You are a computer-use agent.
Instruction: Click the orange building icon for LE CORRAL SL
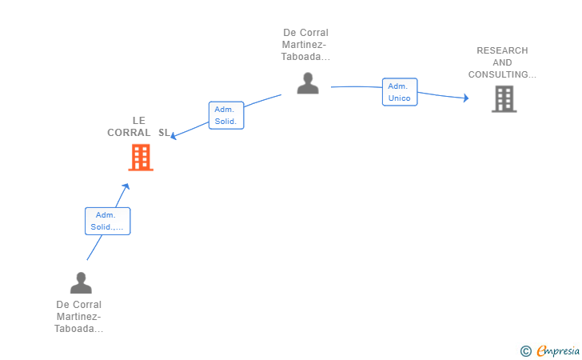[x=141, y=158]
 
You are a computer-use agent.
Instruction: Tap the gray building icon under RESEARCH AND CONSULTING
[x=504, y=99]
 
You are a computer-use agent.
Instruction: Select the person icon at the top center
[x=308, y=83]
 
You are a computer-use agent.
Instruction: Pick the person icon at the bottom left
[x=81, y=282]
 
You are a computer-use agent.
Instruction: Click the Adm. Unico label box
[x=400, y=92]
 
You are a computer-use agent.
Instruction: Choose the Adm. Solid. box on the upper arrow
[x=226, y=115]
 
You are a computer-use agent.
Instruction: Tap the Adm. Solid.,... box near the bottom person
[x=108, y=221]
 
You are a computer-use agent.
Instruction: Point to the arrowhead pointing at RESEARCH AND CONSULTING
[x=466, y=98]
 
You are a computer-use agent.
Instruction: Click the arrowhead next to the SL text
[x=173, y=136]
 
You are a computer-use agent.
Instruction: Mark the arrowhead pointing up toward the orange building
[x=126, y=186]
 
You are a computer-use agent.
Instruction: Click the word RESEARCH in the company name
[x=502, y=50]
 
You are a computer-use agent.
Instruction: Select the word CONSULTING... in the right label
[x=502, y=74]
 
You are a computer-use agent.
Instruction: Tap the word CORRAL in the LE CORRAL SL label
[x=129, y=133]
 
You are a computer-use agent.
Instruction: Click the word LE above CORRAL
[x=139, y=121]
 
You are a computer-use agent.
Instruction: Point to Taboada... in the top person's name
[x=305, y=57]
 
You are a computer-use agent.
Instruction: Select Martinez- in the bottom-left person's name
[x=78, y=317]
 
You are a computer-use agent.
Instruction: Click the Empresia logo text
[x=558, y=350]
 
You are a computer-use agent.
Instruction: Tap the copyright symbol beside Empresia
[x=526, y=351]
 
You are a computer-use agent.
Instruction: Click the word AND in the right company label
[x=502, y=62]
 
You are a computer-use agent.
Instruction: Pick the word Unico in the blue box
[x=400, y=98]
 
